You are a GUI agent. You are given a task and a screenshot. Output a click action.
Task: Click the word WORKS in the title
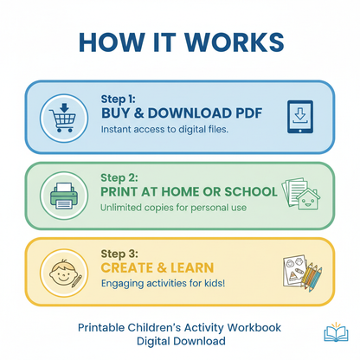235,42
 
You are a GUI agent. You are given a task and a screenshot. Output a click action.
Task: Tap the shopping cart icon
63,118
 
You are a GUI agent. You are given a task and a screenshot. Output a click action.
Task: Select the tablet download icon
300,117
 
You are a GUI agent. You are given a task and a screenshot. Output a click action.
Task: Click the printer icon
64,196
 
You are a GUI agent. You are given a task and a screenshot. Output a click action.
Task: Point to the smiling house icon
308,199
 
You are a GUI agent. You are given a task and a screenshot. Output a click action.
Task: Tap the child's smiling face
61,273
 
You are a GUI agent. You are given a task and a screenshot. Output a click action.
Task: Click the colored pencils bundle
312,276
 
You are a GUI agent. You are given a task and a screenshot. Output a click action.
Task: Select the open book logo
336,332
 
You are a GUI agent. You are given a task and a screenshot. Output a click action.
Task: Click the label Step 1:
118,100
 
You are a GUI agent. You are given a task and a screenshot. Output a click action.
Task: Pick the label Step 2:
119,178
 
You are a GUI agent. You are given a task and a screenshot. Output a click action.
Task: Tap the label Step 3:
119,254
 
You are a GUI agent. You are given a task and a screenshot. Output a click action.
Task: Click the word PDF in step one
248,113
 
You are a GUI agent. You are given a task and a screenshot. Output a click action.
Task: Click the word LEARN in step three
192,268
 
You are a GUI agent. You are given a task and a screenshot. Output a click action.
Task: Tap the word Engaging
123,284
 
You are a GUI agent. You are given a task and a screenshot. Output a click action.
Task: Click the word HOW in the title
112,42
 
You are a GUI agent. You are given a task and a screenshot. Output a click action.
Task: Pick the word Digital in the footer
153,342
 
